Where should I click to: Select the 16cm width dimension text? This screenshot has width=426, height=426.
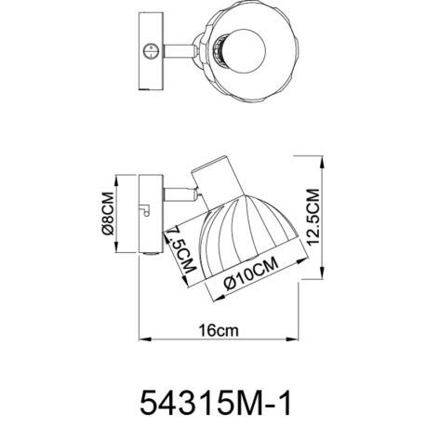point(220,330)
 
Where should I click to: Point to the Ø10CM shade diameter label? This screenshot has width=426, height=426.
point(251,273)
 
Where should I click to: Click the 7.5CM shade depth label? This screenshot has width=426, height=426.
point(182,249)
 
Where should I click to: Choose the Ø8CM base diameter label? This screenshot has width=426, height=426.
point(108,214)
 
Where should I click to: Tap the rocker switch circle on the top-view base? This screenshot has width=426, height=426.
point(152,51)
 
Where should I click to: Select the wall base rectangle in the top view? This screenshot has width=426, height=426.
point(151,51)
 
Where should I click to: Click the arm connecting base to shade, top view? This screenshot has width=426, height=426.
point(179,51)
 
